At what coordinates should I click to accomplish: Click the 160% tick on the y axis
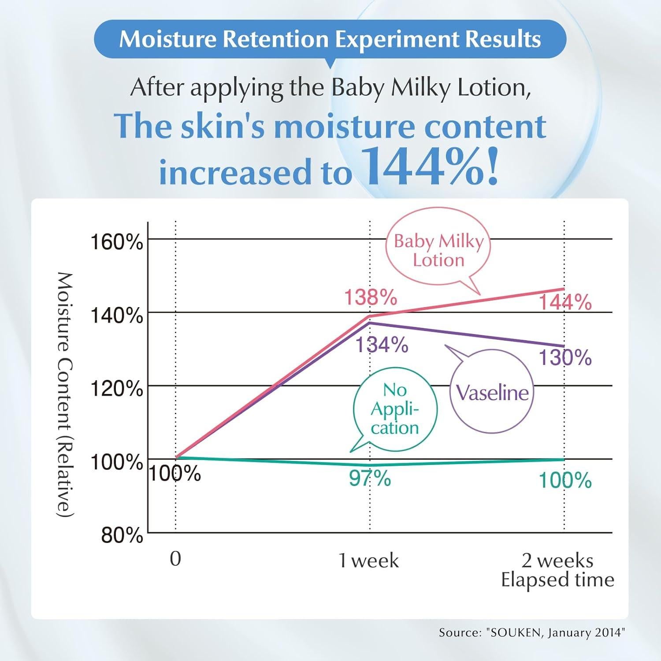point(116,242)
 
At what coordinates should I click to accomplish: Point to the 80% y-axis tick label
point(122,535)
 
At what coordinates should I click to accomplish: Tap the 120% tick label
point(116,389)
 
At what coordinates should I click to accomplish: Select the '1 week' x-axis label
point(369,561)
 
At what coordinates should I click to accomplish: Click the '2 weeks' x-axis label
point(557,561)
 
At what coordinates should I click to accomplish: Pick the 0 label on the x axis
point(175,559)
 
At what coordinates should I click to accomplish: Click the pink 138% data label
point(371,297)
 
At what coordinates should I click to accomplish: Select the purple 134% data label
point(382,345)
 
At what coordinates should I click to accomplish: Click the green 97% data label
point(370,478)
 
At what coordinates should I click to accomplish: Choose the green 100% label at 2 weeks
point(565,480)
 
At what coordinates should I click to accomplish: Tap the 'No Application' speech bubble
point(395,409)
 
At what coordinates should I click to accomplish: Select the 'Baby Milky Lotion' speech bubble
point(438,250)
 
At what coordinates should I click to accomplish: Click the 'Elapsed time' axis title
point(557,580)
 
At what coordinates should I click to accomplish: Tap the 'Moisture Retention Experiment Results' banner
point(330,39)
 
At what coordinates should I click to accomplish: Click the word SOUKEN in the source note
point(512,632)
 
